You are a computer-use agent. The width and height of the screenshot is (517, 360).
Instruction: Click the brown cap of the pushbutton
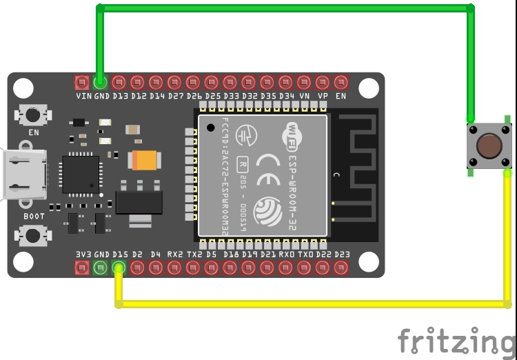click(489, 146)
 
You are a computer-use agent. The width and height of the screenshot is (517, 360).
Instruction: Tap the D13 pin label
click(119, 96)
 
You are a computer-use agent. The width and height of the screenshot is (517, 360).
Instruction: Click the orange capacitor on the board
click(145, 160)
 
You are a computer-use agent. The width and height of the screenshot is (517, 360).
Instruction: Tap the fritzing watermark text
click(455, 341)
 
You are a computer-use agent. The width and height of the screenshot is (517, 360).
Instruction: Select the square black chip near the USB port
click(81, 174)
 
